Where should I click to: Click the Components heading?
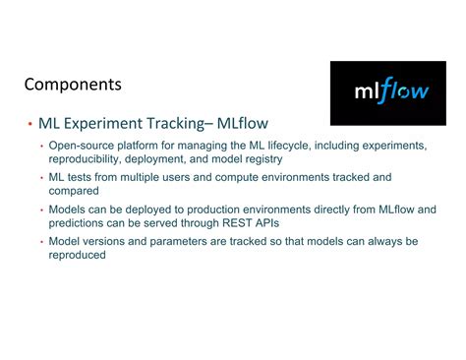pyautogui.click(x=73, y=85)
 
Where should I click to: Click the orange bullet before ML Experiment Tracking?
pyautogui.click(x=30, y=126)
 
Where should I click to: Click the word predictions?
pyautogui.click(x=82, y=223)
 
